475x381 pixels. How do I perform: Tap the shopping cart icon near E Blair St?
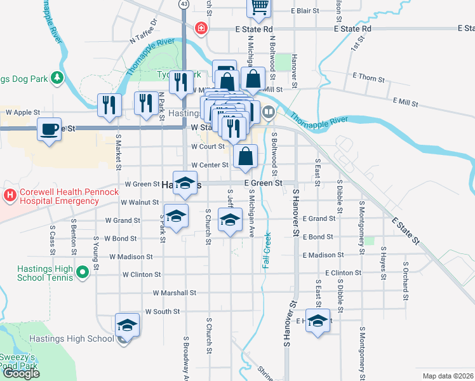click(x=259, y=7)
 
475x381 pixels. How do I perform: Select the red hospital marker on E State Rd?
click(x=201, y=29)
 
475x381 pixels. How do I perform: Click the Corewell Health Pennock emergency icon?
click(x=10, y=195)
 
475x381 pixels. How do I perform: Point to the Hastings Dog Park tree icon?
click(x=57, y=77)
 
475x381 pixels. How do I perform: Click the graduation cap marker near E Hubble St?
click(x=318, y=321)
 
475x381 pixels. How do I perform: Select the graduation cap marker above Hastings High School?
click(x=127, y=325)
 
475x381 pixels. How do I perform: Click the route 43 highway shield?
click(x=184, y=4)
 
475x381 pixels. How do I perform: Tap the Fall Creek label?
click(x=267, y=250)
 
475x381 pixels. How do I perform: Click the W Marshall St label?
click(x=175, y=293)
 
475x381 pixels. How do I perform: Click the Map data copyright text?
click(x=448, y=376)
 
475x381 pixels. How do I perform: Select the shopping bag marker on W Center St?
click(x=245, y=156)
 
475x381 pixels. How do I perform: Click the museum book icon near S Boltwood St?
click(x=269, y=113)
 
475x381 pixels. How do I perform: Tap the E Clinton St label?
click(x=343, y=272)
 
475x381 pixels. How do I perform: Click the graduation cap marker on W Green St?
click(x=185, y=182)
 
